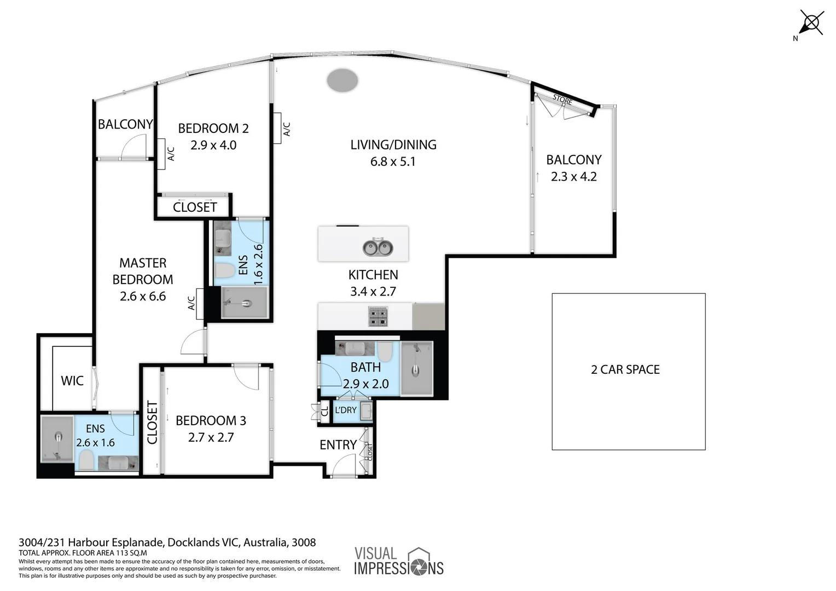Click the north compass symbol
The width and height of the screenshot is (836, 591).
coord(811,24)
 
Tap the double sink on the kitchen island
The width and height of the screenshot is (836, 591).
coord(378,248)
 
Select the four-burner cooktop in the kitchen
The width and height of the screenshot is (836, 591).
coord(378,317)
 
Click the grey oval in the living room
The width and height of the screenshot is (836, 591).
coord(342,80)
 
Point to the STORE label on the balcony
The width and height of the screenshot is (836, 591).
coord(562,100)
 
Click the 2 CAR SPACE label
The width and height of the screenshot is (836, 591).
coord(625,370)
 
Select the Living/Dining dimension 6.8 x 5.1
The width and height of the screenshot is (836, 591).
coord(393,162)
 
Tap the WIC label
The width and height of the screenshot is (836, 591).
coord(72,381)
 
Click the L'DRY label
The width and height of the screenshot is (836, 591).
coord(345,410)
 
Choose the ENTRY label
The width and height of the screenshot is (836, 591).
coord(338,445)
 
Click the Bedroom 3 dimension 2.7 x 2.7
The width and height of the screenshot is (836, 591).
coord(211,438)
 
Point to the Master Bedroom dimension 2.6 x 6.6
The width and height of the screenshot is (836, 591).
coord(142,297)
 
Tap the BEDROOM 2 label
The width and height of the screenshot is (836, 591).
coord(213,129)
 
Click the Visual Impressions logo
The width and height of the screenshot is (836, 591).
coord(398,561)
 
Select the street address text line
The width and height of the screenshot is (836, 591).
coord(167,543)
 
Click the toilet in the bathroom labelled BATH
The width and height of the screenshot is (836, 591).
coord(385,352)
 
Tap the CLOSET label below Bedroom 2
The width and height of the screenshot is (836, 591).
coord(195,207)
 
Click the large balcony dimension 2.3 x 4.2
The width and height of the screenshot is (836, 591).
coord(573,177)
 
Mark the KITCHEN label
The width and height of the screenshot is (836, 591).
coord(373,275)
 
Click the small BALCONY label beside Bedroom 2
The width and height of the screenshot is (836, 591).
coord(125,125)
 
